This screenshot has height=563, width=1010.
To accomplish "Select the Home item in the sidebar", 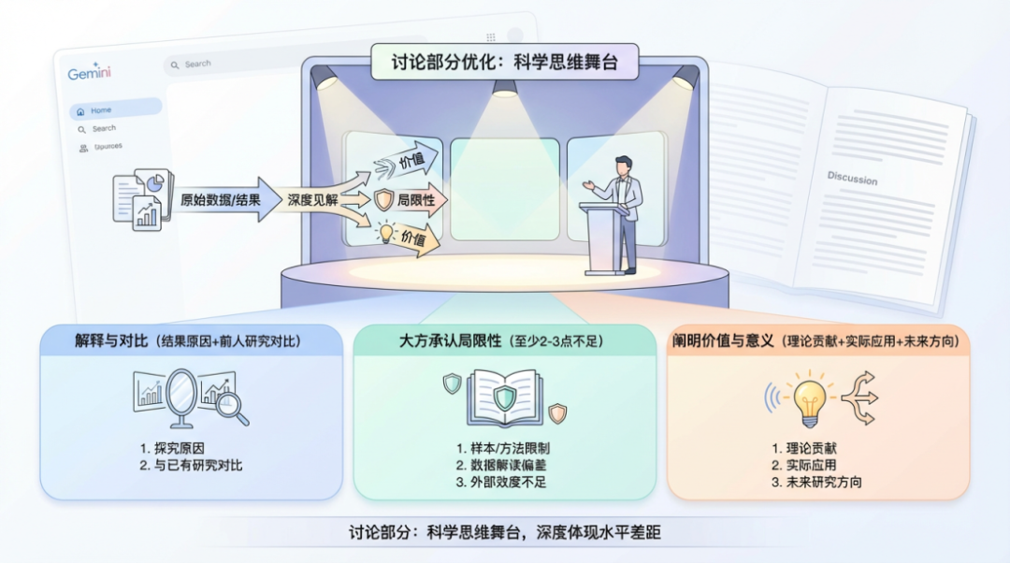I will point(100,110).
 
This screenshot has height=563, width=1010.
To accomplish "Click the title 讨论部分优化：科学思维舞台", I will point(505,64).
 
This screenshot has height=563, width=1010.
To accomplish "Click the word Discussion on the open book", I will point(852,178).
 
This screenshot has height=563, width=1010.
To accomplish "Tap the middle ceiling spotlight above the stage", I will point(505,88).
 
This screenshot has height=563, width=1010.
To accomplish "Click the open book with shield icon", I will point(505,397).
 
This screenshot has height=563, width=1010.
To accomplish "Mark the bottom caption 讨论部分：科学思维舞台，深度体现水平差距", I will point(505,534).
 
